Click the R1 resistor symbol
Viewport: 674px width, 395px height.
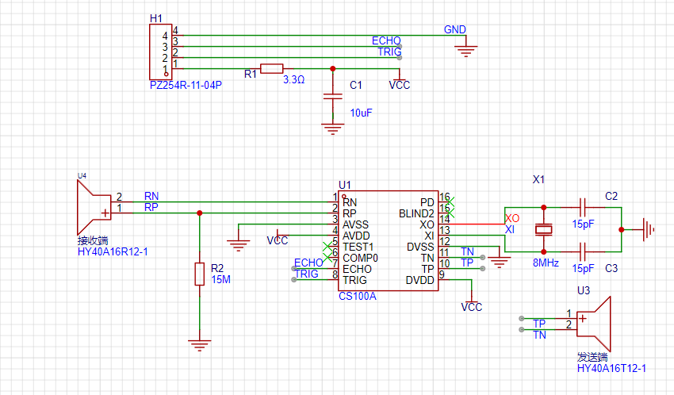click(272, 68)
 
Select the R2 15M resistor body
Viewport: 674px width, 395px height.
click(200, 274)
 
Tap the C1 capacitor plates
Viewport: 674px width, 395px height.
click(333, 96)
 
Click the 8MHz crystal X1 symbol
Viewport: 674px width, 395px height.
click(543, 229)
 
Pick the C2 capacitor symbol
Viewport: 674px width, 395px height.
click(583, 207)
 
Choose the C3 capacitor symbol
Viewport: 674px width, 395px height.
click(583, 251)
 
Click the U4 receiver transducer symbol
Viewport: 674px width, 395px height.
click(94, 207)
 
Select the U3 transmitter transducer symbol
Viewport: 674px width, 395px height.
click(594, 324)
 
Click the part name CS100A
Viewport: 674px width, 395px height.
click(357, 296)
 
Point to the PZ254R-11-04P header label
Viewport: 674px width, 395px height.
click(186, 85)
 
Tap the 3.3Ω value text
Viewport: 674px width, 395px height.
click(293, 79)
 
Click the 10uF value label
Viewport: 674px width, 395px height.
click(361, 113)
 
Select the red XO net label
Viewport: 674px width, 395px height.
click(512, 218)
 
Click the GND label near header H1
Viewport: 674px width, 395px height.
click(455, 29)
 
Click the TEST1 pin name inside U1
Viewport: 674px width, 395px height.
click(358, 247)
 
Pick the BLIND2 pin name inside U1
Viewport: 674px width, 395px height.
click(416, 213)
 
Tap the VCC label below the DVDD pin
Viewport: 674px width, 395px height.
click(472, 307)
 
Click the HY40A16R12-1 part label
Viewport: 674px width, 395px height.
click(113, 252)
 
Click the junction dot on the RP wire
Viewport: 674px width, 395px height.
click(200, 213)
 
